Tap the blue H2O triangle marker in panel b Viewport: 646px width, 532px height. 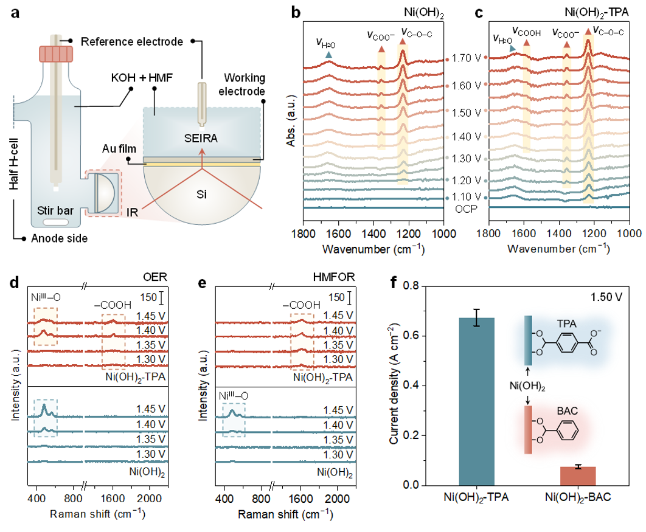click(328, 55)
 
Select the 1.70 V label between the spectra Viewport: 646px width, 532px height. click(466, 60)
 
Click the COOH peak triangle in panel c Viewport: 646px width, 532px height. click(526, 43)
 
